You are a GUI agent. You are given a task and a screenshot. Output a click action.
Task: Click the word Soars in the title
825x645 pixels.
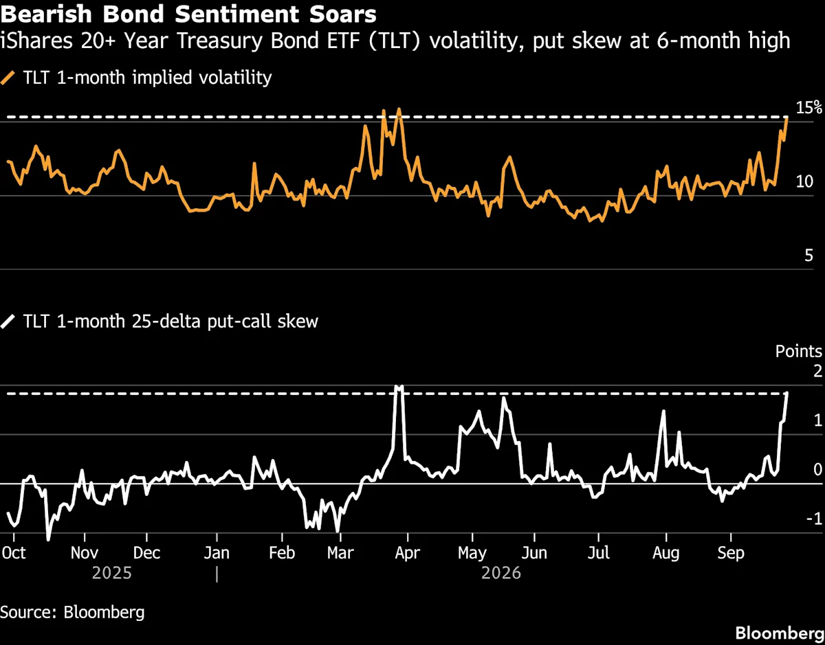(342, 14)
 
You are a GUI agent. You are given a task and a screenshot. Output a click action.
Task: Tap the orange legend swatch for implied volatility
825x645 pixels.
(8, 78)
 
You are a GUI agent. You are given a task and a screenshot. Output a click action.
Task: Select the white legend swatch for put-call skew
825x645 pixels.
(8, 321)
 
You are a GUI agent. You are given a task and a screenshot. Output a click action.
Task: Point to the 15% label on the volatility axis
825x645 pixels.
(808, 108)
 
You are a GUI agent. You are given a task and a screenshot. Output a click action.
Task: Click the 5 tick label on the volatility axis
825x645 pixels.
(808, 256)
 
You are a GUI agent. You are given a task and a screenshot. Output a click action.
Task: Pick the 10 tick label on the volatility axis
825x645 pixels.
(804, 182)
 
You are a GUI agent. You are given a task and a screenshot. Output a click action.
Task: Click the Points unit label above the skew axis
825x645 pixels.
(799, 351)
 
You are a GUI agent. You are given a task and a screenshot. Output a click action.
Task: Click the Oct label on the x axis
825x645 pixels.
(14, 553)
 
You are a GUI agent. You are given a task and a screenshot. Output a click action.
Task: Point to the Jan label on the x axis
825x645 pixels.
(217, 553)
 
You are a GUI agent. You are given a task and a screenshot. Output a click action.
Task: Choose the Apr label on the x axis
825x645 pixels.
(408, 553)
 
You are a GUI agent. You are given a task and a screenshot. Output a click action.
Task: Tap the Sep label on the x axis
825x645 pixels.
(731, 553)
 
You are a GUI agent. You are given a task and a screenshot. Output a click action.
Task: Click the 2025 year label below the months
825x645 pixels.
(111, 573)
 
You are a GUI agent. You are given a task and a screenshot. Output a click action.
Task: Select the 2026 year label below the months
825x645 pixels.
(500, 573)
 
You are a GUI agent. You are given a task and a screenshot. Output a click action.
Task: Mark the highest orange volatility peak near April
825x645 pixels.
(399, 110)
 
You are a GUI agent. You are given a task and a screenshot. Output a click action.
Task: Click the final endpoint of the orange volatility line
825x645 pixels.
(786, 118)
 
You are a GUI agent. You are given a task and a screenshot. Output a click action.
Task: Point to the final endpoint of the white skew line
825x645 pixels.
(786, 393)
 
